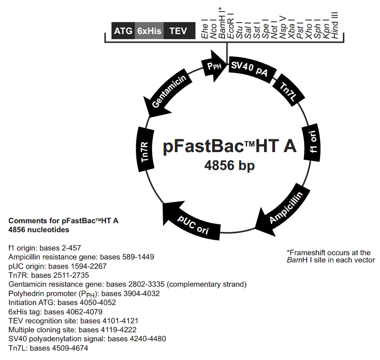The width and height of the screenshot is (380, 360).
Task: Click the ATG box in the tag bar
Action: click(123, 31)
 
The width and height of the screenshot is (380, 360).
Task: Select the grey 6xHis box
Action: click(149, 31)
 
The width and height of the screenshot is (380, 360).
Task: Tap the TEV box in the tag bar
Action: click(178, 31)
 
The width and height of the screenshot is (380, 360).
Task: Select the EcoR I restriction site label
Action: click(230, 26)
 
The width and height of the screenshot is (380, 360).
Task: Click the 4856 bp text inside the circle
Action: click(230, 165)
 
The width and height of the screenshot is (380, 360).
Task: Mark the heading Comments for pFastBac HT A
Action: click(63, 221)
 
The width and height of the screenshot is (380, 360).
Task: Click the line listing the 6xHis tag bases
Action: click(55, 311)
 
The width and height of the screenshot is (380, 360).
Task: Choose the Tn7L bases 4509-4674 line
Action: click(48, 348)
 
